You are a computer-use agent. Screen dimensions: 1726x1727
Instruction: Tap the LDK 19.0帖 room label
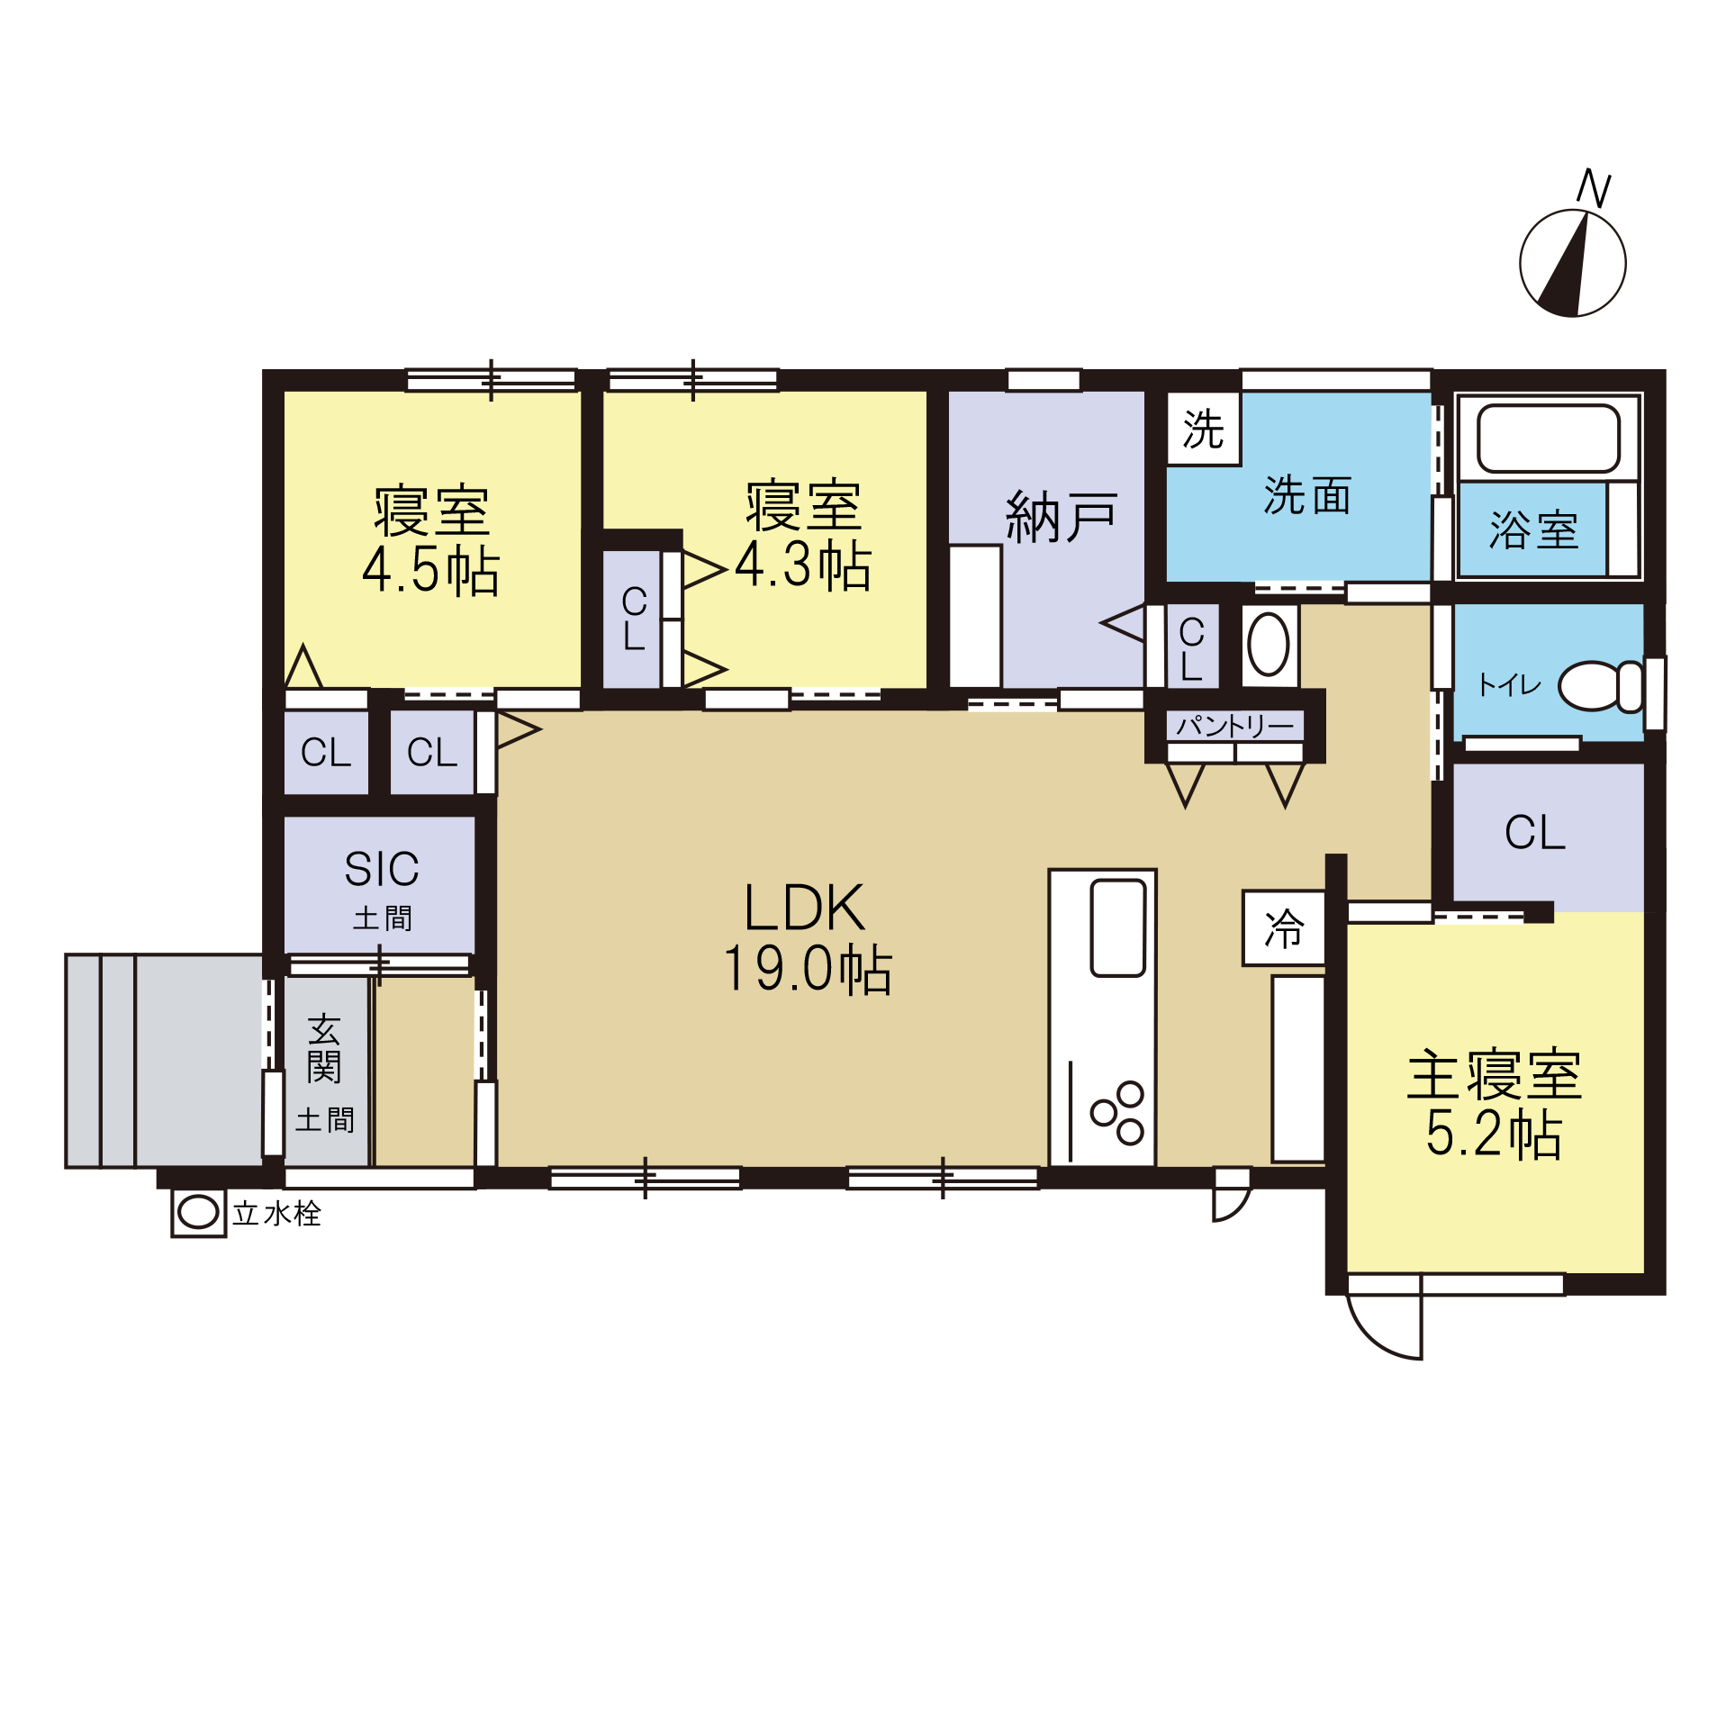tap(806, 938)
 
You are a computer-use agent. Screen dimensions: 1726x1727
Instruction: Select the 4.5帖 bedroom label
tap(431, 540)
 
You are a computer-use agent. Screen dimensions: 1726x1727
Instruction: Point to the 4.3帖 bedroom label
tap(804, 536)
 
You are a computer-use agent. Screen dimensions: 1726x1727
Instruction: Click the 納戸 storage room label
tap(1062, 517)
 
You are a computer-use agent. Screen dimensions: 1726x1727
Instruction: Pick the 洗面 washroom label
tap(1307, 495)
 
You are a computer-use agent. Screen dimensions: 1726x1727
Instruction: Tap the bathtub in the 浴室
tap(1549, 439)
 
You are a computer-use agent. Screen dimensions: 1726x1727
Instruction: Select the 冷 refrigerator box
tap(1284, 928)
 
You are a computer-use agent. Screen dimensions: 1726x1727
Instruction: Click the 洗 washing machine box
tap(1204, 429)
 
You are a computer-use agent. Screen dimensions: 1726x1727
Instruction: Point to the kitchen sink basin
tap(1117, 928)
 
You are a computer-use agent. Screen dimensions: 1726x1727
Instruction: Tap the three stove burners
tap(1117, 1113)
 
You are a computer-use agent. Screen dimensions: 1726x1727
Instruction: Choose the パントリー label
tap(1234, 726)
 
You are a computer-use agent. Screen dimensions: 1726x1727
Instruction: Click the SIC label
tap(382, 869)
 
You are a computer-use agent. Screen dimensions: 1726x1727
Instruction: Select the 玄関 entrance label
tap(324, 1049)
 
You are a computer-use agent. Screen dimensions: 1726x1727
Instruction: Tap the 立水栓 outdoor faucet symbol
tap(198, 1213)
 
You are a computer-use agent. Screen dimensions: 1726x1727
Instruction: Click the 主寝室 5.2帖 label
tap(1494, 1103)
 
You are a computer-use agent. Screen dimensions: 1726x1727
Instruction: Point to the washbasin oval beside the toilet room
tap(1269, 645)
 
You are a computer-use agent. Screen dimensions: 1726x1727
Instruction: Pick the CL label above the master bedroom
tap(1535, 832)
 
